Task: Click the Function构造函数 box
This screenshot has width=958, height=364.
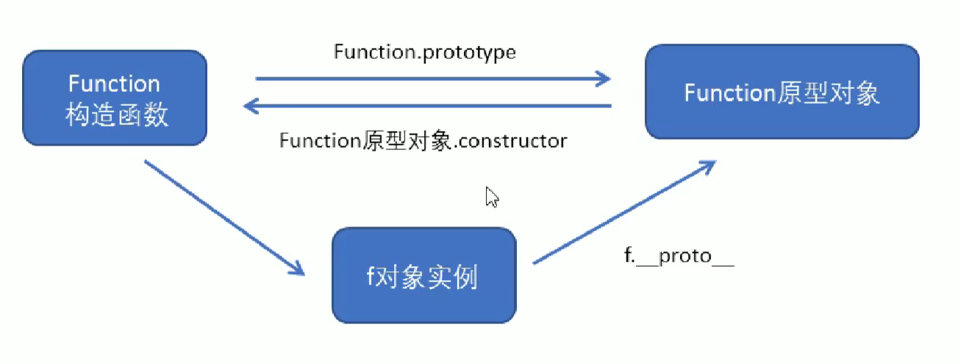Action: (115, 98)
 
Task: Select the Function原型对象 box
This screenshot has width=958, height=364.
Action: (782, 91)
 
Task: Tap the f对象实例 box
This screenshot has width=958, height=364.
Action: (424, 275)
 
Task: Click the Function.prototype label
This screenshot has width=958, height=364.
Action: (425, 53)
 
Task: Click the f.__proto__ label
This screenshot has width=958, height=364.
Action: (679, 256)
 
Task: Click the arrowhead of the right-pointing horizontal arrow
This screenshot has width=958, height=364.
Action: (604, 79)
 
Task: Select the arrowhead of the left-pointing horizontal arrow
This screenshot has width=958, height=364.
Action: (251, 106)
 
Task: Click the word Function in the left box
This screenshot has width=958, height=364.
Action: (114, 83)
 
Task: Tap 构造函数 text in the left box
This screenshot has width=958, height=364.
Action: (117, 114)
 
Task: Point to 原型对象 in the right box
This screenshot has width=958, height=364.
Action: (828, 93)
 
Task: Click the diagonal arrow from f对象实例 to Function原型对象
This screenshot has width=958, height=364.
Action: (624, 213)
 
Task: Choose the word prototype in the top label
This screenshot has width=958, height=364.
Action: (469, 54)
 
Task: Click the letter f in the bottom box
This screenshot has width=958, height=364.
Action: (371, 276)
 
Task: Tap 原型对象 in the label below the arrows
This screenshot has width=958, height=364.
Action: (407, 141)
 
